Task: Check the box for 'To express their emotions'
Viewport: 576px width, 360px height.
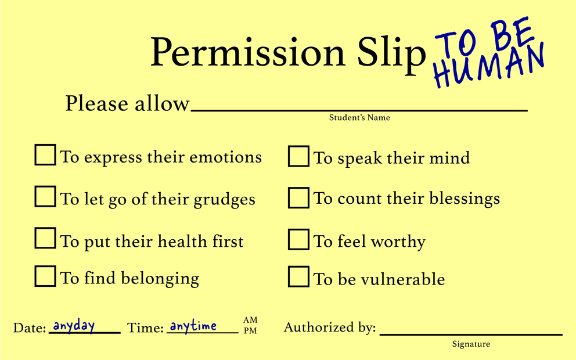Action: coord(45,154)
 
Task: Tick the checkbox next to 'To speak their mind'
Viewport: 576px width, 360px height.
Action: coord(298,156)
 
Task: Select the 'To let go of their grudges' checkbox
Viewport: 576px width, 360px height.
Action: coord(45,196)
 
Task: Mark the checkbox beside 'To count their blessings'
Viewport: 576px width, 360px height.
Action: coord(298,197)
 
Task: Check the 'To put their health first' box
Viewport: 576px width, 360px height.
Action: coord(45,238)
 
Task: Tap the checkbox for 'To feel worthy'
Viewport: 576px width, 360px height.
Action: coord(298,239)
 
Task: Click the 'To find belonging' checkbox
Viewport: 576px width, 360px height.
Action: coord(45,276)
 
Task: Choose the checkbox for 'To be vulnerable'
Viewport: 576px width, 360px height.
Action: coord(298,276)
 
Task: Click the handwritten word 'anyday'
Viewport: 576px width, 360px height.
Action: coord(74,326)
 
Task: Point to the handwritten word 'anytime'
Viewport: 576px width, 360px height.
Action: coord(193,326)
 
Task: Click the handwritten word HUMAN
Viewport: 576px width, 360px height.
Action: coord(489,66)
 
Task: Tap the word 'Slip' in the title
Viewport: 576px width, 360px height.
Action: coord(391,53)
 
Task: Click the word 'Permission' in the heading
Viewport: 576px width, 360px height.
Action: coord(247,52)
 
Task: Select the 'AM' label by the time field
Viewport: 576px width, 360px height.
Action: coord(250,320)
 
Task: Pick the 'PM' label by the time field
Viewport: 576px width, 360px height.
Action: coord(250,330)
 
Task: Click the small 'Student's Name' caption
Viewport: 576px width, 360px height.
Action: coord(359,117)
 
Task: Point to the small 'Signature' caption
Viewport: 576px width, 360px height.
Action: coord(471,344)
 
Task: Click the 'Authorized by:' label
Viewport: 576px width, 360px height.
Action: coord(330,327)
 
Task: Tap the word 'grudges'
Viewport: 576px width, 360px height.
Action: coord(224,200)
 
